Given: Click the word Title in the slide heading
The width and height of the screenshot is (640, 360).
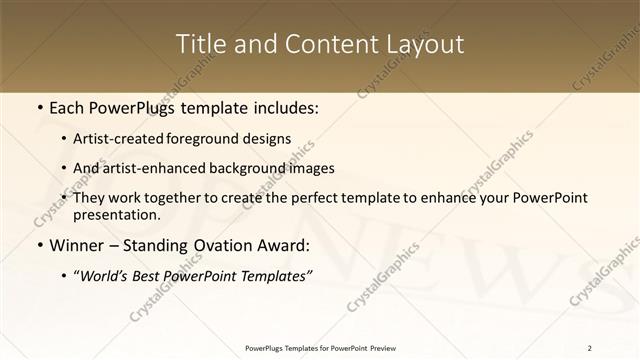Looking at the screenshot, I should tap(198, 44).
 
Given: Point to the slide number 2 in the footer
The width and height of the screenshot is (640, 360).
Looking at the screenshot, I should tap(590, 348).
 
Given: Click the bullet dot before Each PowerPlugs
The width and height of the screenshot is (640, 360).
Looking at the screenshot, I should tap(39, 106).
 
